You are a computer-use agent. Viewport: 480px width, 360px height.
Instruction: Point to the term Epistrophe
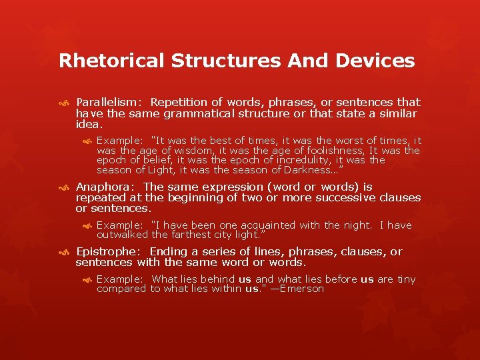109,252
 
